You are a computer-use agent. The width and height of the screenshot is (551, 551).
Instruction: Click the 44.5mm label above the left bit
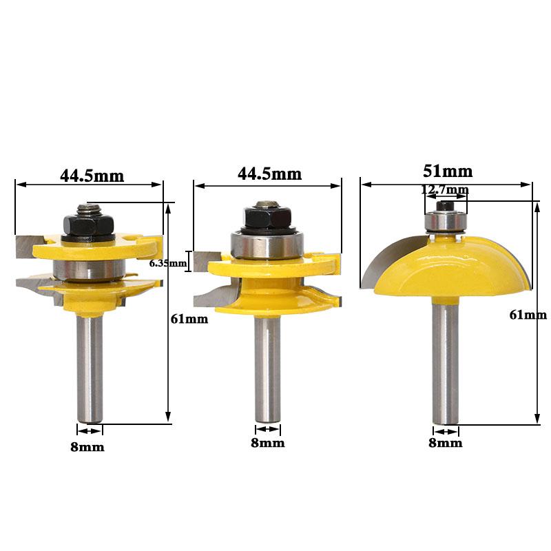tap(92, 175)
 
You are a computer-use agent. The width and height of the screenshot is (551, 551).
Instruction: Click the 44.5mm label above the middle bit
tap(269, 174)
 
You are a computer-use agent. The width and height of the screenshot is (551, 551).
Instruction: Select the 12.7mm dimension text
tap(446, 189)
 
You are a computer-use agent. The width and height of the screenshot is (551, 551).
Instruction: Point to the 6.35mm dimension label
tap(168, 263)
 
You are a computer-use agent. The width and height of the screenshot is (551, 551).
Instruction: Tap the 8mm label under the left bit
tap(87, 447)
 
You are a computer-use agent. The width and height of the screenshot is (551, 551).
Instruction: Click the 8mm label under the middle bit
tap(267, 443)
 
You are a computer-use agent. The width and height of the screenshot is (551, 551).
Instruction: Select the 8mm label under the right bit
tap(446, 443)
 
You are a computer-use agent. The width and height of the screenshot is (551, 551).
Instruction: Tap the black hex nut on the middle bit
tap(267, 217)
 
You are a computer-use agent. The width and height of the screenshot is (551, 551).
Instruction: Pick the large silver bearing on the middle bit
tap(267, 245)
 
